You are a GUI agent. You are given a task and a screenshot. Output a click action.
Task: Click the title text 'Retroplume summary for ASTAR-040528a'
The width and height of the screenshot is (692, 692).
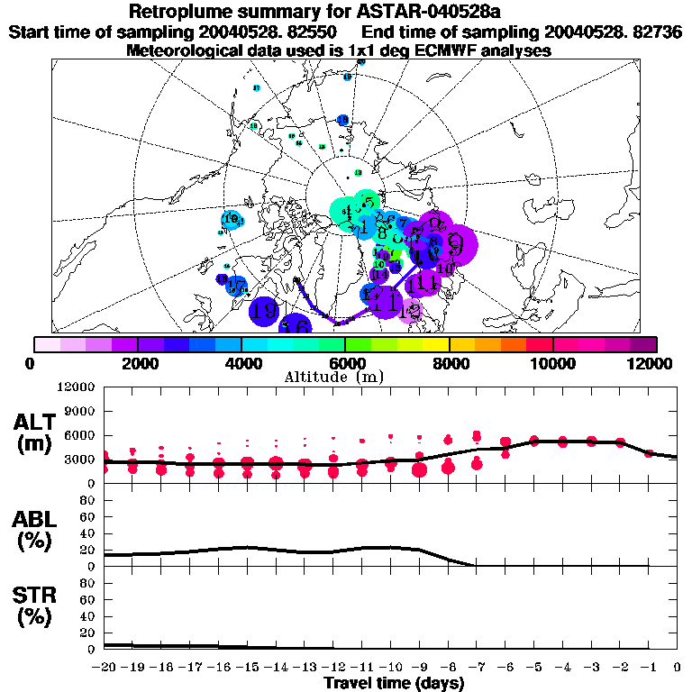point(345,12)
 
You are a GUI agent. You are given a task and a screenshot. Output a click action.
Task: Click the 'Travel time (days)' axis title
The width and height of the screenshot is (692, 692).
point(394,683)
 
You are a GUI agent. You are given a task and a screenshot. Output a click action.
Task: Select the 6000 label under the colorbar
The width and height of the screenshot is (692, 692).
point(345,363)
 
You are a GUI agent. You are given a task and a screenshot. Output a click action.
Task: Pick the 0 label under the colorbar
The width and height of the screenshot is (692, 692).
point(33,363)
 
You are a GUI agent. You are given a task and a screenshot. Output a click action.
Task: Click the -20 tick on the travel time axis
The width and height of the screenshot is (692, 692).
point(105,668)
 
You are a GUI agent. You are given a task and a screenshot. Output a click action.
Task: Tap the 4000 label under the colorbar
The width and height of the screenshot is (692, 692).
point(241,363)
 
